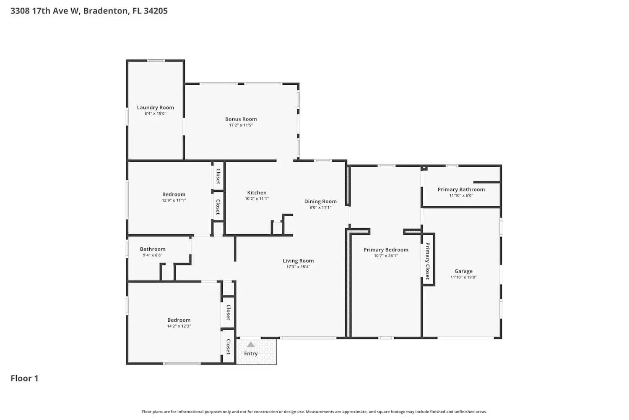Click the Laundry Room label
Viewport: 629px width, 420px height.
click(x=155, y=108)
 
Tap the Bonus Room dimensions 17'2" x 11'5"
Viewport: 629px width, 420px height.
click(x=241, y=125)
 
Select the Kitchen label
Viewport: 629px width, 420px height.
click(x=257, y=193)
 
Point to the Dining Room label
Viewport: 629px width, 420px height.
click(x=320, y=202)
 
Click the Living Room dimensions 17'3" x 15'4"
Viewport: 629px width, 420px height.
click(x=298, y=267)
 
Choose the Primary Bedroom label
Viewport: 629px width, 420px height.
click(x=386, y=249)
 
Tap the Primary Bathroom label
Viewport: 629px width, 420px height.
click(x=461, y=189)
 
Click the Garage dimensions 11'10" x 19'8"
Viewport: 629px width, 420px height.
click(x=463, y=277)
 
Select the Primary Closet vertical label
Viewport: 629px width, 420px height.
click(x=428, y=261)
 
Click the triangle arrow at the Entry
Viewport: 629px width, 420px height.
click(x=250, y=345)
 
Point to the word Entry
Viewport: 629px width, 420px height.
click(x=251, y=354)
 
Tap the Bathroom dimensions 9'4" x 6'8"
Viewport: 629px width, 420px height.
click(x=153, y=255)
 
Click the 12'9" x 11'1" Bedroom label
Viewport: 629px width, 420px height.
click(x=174, y=194)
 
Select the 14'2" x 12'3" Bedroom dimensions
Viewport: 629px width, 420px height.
click(x=179, y=326)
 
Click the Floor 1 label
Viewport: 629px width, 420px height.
click(x=24, y=378)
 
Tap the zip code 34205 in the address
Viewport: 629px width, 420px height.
click(x=156, y=11)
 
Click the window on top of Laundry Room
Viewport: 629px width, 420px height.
click(x=156, y=61)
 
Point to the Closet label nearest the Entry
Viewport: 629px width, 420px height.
click(x=229, y=346)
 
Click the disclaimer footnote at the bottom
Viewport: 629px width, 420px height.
click(x=314, y=412)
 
